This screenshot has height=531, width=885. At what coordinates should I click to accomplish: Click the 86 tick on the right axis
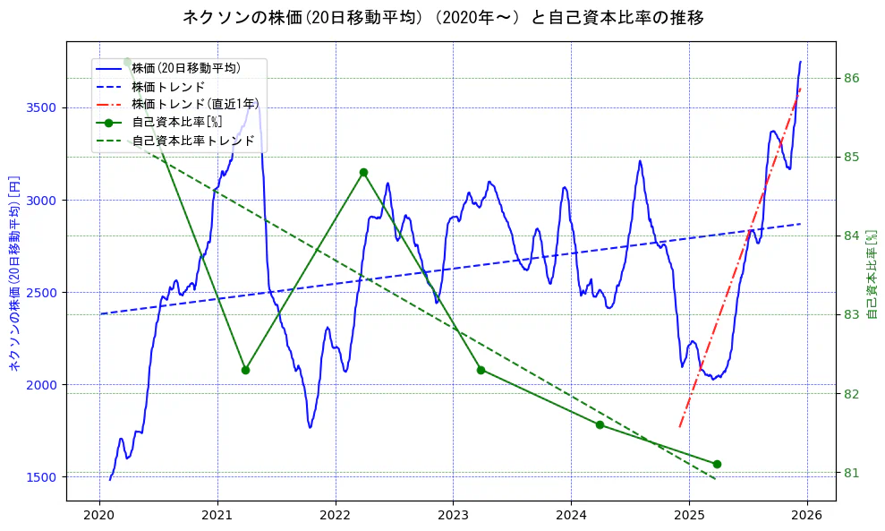(852, 78)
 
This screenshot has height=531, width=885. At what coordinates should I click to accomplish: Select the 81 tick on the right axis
(852, 473)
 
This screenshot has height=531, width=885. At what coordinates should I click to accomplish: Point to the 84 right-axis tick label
(852, 236)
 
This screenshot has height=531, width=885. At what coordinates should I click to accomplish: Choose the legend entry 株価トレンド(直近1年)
(193, 104)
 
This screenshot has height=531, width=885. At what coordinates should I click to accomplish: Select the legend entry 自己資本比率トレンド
(192, 141)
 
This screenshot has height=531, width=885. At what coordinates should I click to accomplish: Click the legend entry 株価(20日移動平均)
(185, 67)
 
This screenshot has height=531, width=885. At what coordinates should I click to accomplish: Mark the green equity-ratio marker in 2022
(363, 172)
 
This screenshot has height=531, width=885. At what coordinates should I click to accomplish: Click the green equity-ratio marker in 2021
(245, 370)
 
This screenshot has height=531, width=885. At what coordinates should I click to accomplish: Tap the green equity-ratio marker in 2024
(600, 424)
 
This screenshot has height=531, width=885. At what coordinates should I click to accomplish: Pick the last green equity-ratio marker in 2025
(717, 464)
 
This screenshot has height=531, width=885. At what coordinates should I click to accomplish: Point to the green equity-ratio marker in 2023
(481, 370)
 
